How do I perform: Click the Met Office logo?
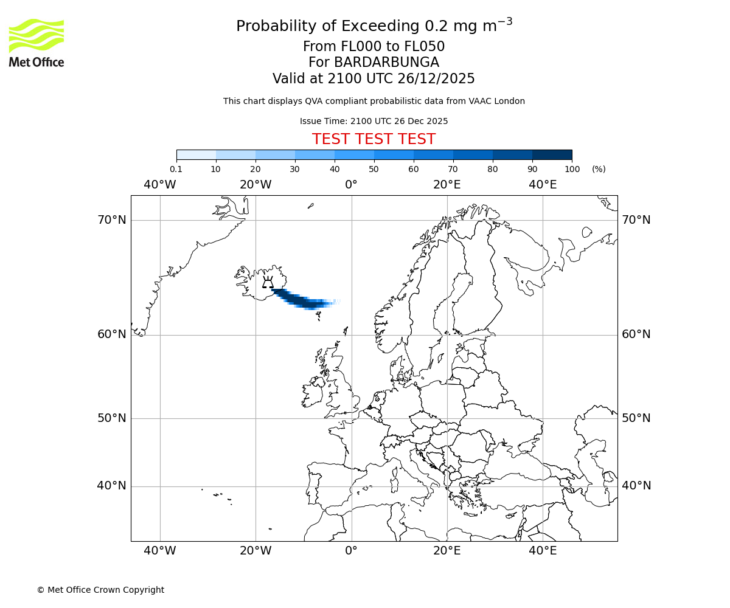(x=36, y=43)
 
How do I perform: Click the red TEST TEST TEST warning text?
(x=374, y=139)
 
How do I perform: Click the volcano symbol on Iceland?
(x=268, y=282)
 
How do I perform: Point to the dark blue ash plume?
(x=301, y=299)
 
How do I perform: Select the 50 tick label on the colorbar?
(x=374, y=169)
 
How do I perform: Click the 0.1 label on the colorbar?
(x=176, y=169)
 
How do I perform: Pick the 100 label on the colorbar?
(x=572, y=169)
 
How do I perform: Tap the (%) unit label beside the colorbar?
(x=599, y=169)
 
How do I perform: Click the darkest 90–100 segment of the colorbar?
(x=552, y=154)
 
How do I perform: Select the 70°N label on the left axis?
(x=112, y=219)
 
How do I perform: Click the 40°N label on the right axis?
(x=636, y=486)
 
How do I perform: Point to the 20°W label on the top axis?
(x=255, y=184)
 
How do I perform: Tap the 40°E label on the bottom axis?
(x=543, y=551)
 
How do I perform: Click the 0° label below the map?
(x=351, y=551)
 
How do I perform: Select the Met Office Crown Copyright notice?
(x=100, y=590)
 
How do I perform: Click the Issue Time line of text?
(x=374, y=121)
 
